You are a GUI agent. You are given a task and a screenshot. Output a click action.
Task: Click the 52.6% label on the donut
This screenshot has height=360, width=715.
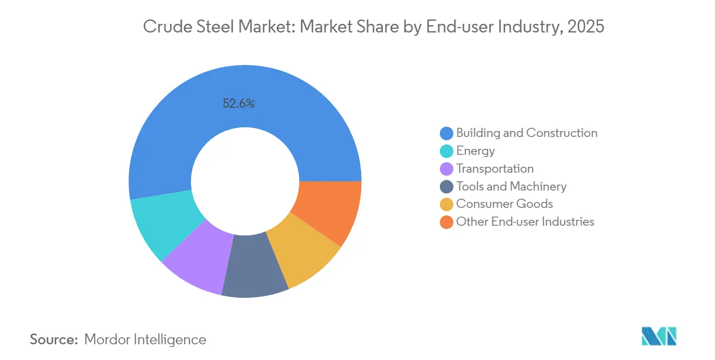pyautogui.click(x=238, y=103)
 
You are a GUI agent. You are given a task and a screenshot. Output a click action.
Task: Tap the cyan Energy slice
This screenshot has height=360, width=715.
pyautogui.click(x=162, y=225)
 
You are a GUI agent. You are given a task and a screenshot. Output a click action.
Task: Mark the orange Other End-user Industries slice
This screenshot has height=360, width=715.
pyautogui.click(x=330, y=211)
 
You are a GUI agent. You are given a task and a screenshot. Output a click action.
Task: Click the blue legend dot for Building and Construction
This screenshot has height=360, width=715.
pyautogui.click(x=446, y=133)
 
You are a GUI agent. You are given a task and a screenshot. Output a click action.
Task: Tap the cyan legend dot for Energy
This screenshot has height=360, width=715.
pyautogui.click(x=446, y=151)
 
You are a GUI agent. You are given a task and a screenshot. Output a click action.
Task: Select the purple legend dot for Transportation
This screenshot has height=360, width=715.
pyautogui.click(x=446, y=169)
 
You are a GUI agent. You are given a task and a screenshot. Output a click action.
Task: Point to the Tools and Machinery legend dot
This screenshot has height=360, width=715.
pyautogui.click(x=446, y=187)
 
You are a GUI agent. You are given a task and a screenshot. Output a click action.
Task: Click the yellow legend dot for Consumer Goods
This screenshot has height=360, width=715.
pyautogui.click(x=446, y=204)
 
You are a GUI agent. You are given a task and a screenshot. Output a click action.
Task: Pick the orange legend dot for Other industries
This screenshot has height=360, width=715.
pyautogui.click(x=446, y=222)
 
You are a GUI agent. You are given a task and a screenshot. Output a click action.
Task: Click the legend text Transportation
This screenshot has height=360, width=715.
pyautogui.click(x=495, y=169)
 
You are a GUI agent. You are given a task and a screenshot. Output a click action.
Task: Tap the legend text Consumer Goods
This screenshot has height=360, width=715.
pyautogui.click(x=504, y=204)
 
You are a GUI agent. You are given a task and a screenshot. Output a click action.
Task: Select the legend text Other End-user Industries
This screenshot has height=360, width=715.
pyautogui.click(x=525, y=222)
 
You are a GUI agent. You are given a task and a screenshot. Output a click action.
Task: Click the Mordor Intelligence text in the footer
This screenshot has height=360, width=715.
pyautogui.click(x=145, y=339)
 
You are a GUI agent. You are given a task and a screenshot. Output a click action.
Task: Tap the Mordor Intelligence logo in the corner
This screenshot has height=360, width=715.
pyautogui.click(x=659, y=336)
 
